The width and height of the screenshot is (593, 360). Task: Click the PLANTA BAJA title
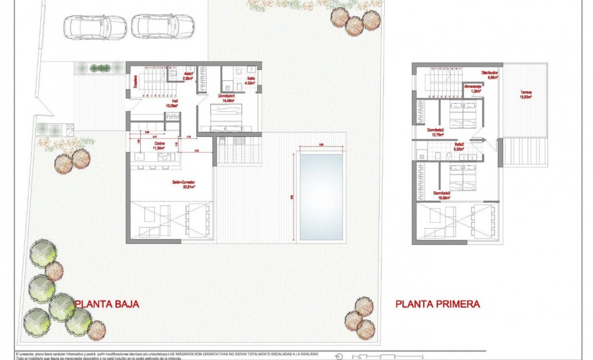pos(106,304)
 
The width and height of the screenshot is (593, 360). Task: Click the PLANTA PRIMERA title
pos(437,304)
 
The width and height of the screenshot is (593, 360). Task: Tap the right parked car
pos(162,25)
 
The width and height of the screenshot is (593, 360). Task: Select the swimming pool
pos(321,197)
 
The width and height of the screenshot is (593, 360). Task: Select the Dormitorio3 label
pos(442,194)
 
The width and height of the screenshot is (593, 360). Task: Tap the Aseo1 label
pos(188,76)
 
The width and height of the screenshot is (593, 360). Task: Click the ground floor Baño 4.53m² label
pos(251,81)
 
